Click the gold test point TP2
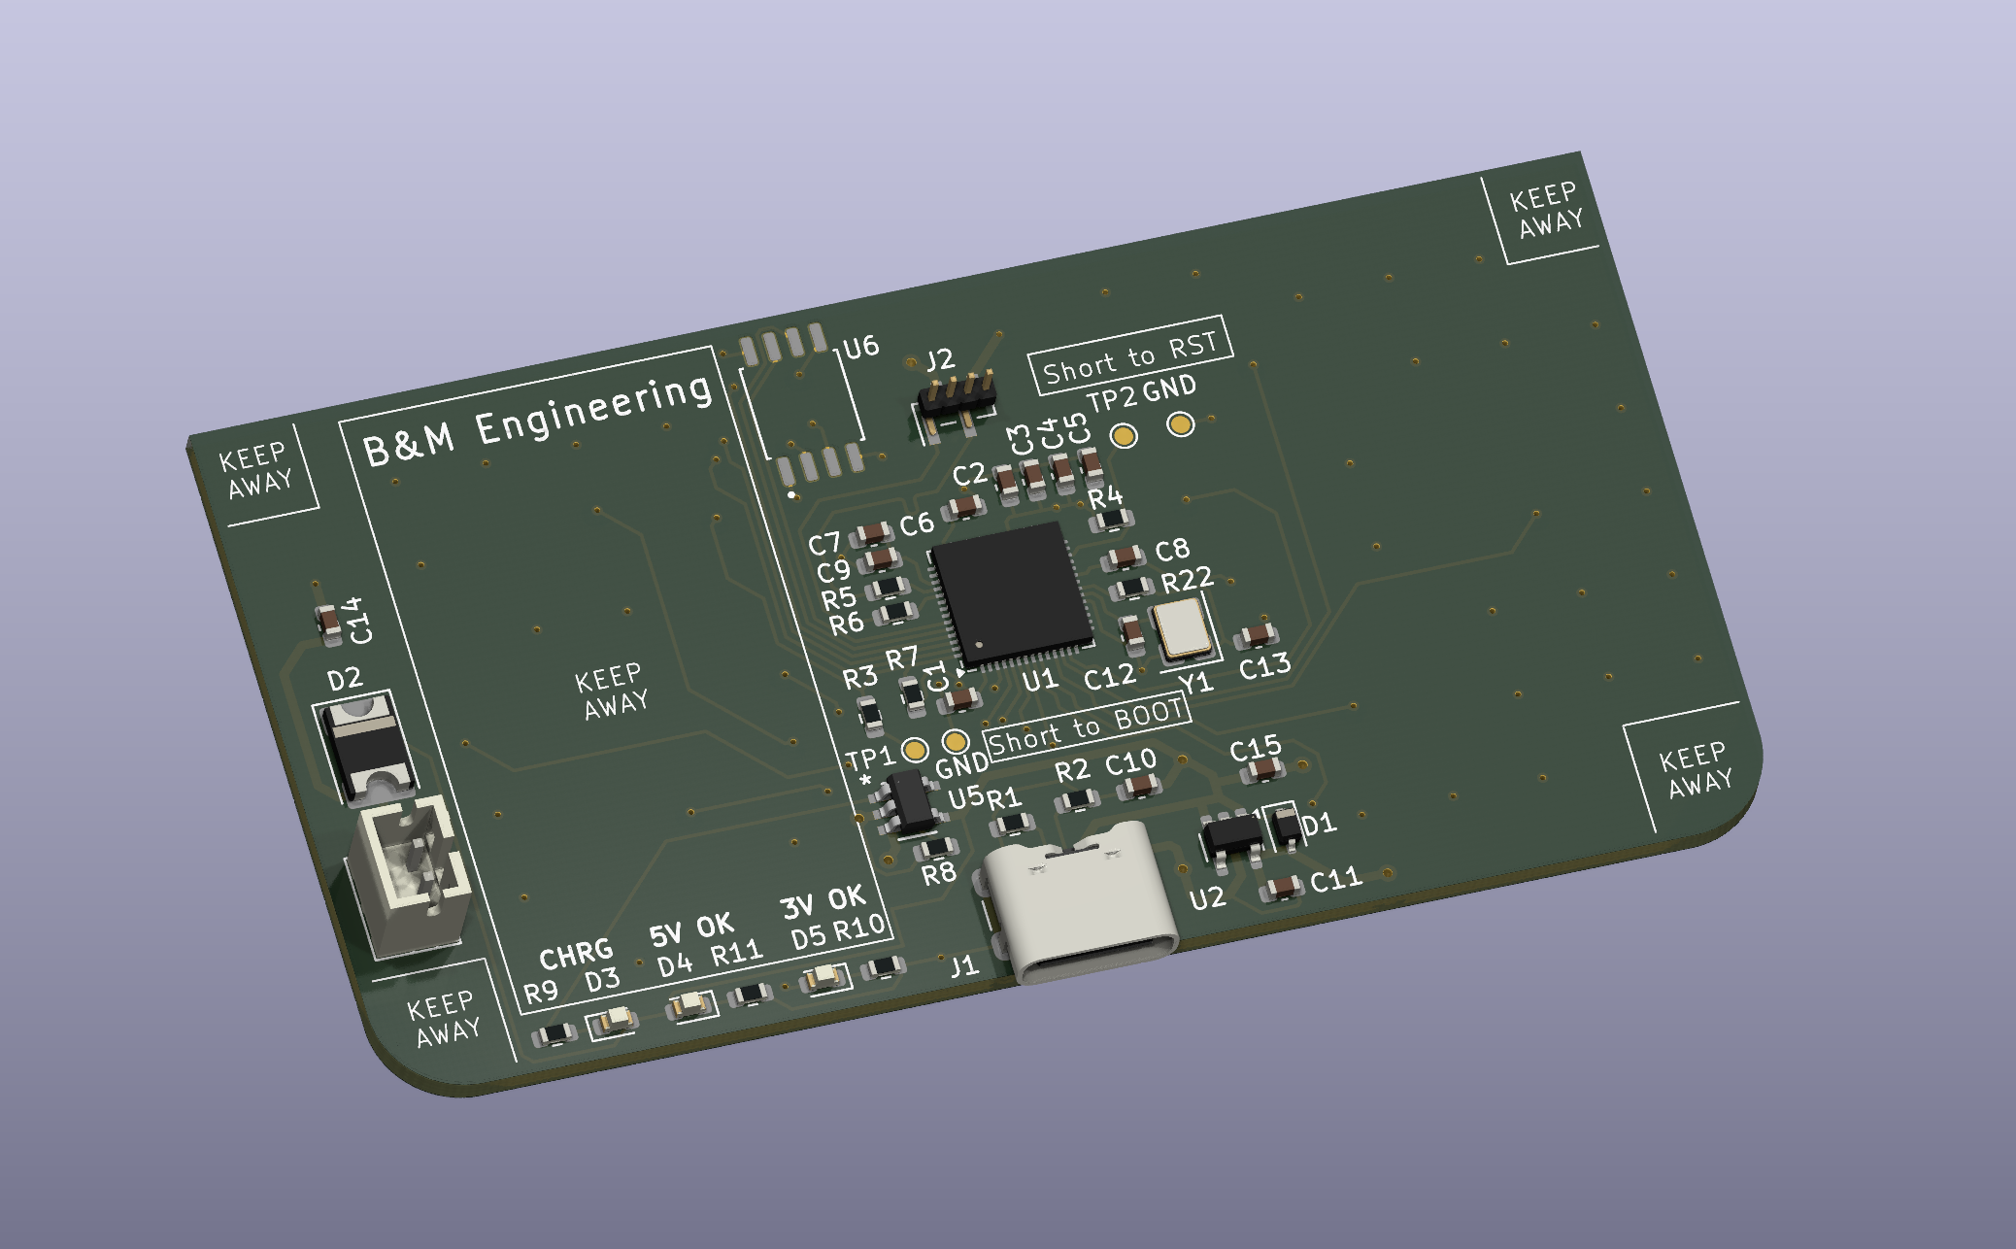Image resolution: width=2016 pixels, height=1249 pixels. (1124, 436)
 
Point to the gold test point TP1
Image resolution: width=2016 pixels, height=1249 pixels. (914, 750)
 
